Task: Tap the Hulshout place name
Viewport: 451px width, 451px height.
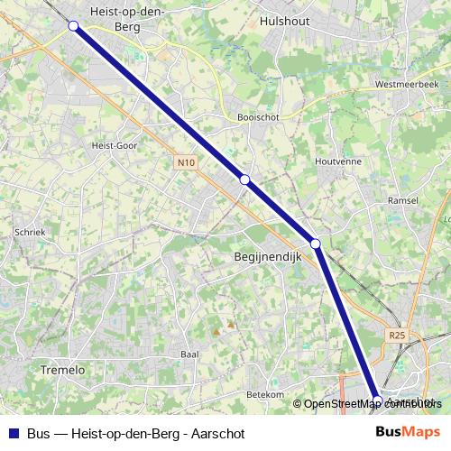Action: point(284,19)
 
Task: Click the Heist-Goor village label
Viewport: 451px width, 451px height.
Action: point(115,143)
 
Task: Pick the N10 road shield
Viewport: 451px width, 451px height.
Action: point(186,162)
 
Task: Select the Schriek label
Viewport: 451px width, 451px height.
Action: point(30,232)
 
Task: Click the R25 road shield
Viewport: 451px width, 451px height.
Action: point(397,335)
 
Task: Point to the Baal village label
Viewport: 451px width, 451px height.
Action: point(189,354)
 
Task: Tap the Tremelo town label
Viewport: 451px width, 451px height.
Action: point(62,370)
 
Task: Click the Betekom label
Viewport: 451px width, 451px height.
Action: point(265,394)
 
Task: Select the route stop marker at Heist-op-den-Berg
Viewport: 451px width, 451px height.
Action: point(74,26)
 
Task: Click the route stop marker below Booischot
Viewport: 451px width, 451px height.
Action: point(244,179)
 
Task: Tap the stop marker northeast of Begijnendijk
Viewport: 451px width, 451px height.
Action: point(316,244)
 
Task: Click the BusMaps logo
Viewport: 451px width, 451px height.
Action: point(408,432)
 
